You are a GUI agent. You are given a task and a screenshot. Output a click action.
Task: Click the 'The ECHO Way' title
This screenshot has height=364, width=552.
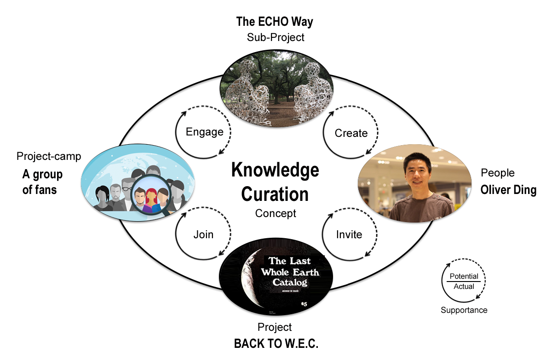point(275,22)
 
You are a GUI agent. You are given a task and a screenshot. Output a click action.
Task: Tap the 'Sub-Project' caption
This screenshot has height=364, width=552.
point(275,37)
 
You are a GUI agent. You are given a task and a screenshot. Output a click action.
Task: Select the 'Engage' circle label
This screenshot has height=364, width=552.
point(204,132)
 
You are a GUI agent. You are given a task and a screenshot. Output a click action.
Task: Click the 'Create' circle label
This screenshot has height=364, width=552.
point(351,133)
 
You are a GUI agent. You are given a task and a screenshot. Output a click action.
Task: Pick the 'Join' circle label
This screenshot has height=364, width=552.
point(203,235)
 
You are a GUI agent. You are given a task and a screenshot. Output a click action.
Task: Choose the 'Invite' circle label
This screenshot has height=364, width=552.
point(349,235)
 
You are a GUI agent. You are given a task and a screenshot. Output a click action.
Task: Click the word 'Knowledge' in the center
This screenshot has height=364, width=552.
point(275,170)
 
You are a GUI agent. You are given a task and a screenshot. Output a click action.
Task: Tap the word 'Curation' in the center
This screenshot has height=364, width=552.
point(275,194)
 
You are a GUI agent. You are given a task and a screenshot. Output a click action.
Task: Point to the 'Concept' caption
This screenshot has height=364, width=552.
point(276,213)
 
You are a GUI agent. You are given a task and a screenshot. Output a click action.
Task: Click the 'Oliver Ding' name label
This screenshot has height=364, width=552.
point(508,190)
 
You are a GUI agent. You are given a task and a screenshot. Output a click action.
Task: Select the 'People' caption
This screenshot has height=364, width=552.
point(498,173)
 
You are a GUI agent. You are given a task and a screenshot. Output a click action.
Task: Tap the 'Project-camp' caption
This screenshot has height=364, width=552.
point(49,156)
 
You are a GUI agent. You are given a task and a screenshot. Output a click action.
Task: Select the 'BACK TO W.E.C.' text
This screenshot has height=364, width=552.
point(276,344)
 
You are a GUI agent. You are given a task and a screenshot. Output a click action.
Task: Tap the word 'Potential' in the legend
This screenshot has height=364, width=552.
point(464,276)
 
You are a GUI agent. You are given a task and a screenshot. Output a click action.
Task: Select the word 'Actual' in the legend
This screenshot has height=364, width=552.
point(464,287)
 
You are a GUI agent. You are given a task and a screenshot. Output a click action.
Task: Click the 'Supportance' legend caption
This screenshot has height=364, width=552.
point(464,310)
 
